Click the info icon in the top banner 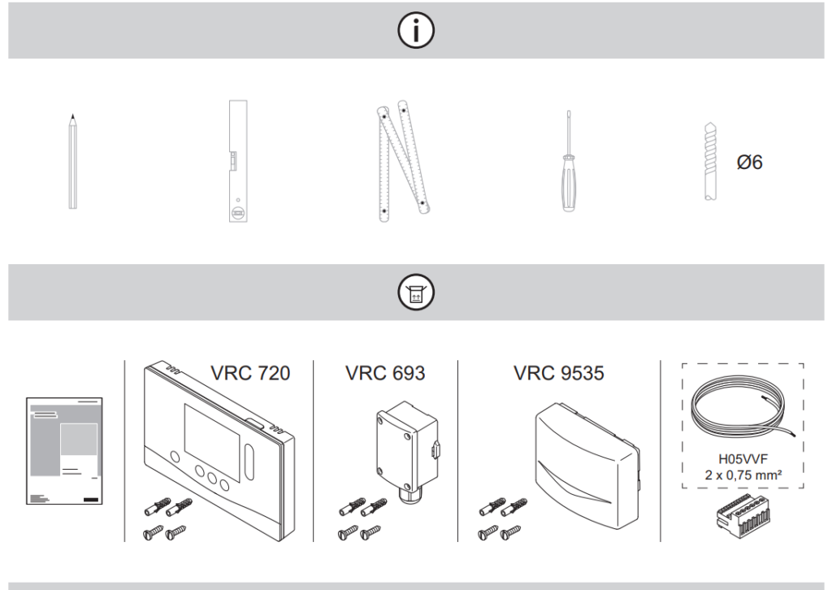point(415,31)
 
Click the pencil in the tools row point(73,163)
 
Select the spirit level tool point(236,162)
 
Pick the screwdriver point(570,162)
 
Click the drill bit point(711,162)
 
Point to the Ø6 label point(749,163)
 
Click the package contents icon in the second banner point(415,293)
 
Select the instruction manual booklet point(64,452)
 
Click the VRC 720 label point(249,373)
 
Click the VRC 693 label point(385,373)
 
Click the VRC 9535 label point(558,373)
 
